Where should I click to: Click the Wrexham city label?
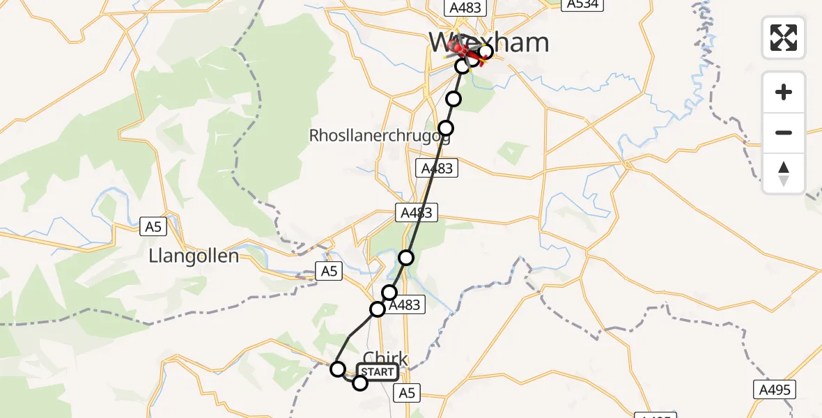coord(489,43)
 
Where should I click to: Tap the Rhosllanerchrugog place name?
coord(380,136)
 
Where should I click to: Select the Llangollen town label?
coord(194,256)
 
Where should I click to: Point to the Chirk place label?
coord(385,358)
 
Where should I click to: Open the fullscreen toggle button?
coord(784,38)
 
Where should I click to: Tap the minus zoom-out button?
coord(784,132)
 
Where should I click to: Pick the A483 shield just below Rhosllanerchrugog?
coord(437,168)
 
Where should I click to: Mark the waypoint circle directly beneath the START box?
coord(360,382)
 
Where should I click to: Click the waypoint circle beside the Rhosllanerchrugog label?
coord(446,128)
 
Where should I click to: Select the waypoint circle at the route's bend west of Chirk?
coord(338,369)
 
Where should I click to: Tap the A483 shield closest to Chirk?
coord(403,304)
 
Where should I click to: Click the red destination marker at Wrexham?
coord(460,49)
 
